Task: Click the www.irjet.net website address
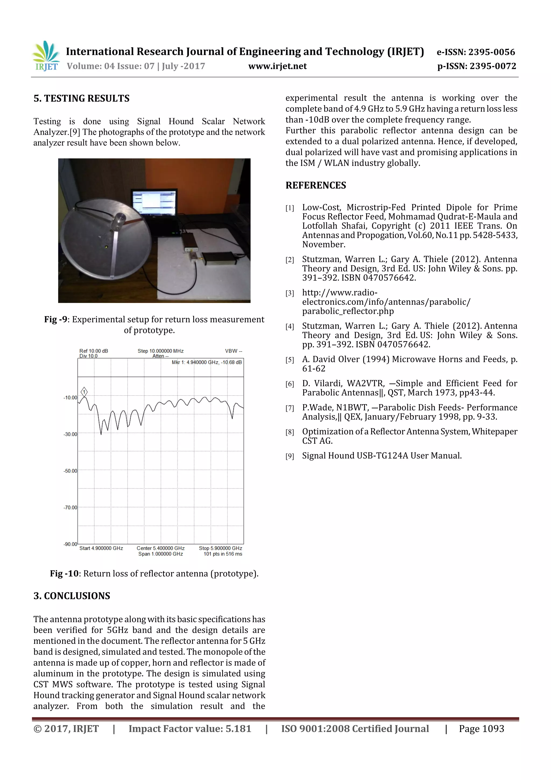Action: tap(277, 66)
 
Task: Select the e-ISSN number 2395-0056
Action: tap(476, 52)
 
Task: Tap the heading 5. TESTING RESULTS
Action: tap(82, 99)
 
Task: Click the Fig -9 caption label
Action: tap(56, 319)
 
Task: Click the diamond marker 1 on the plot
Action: tap(84, 392)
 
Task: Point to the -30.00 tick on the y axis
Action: tap(70, 434)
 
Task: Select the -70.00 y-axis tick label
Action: tap(70, 508)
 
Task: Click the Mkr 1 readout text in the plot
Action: tap(206, 362)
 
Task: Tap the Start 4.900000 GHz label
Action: tap(101, 548)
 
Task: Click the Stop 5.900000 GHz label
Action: tap(220, 548)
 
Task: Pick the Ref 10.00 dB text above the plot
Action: tap(94, 351)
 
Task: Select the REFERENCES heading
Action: tap(316, 185)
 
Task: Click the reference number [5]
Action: tap(289, 360)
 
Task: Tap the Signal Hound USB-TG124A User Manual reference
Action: tap(382, 456)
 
